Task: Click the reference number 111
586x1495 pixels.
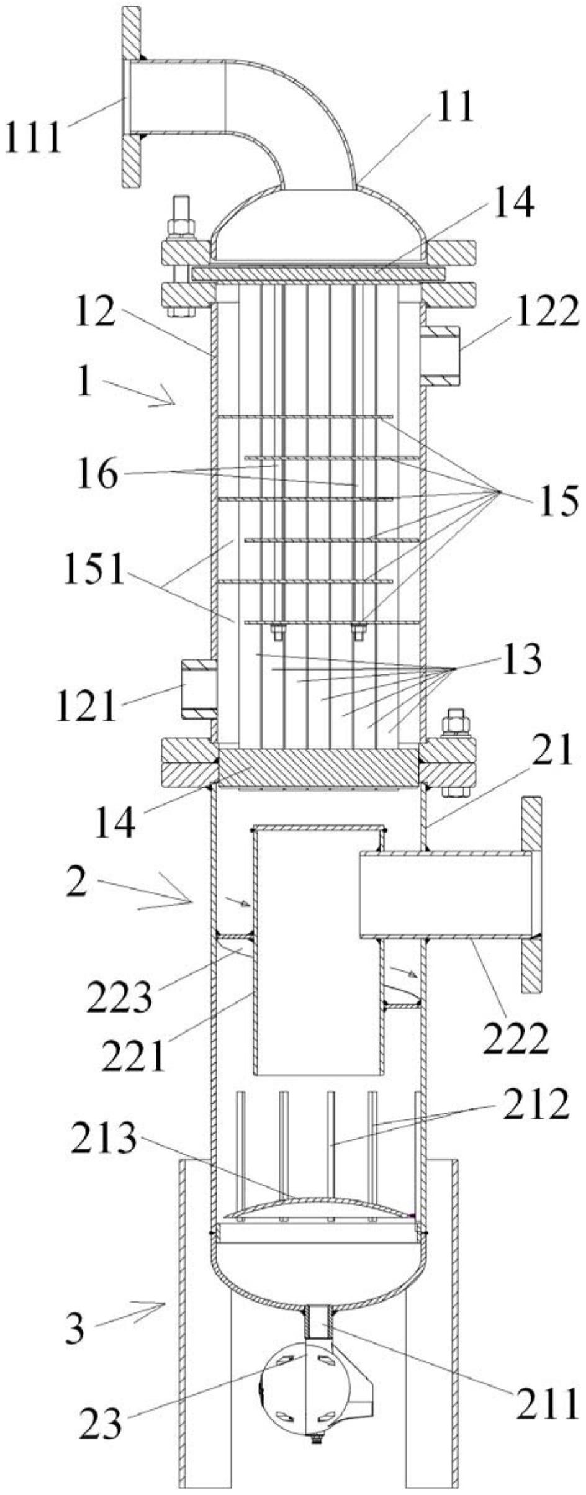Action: pos(34,138)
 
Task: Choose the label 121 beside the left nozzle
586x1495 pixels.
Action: pos(86,706)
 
